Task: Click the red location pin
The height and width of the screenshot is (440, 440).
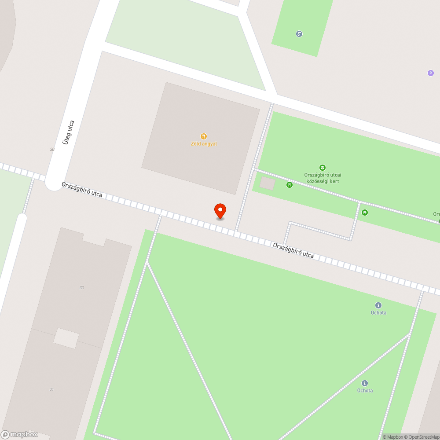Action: click(220, 211)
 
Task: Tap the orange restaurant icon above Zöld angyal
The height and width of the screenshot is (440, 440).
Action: click(204, 136)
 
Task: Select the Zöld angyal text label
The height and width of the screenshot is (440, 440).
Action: click(204, 144)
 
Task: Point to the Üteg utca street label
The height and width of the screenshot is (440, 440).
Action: click(68, 132)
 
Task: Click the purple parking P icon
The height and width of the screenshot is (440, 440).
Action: click(431, 73)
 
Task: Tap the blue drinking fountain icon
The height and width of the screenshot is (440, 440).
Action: click(299, 34)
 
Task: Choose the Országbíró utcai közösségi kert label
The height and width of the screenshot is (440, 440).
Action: click(322, 178)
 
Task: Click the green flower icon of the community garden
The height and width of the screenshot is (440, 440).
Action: click(323, 168)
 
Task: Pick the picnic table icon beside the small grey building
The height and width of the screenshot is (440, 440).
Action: click(289, 185)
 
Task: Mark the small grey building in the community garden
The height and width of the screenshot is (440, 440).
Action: click(267, 183)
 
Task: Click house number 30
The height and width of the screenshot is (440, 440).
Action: click(52, 150)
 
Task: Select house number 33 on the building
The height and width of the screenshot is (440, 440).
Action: click(81, 288)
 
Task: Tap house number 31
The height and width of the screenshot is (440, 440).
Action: click(51, 389)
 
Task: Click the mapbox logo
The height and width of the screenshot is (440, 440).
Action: click(20, 434)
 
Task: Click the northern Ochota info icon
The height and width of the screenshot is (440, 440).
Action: click(378, 305)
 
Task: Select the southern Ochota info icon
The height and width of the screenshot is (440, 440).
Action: click(365, 383)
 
